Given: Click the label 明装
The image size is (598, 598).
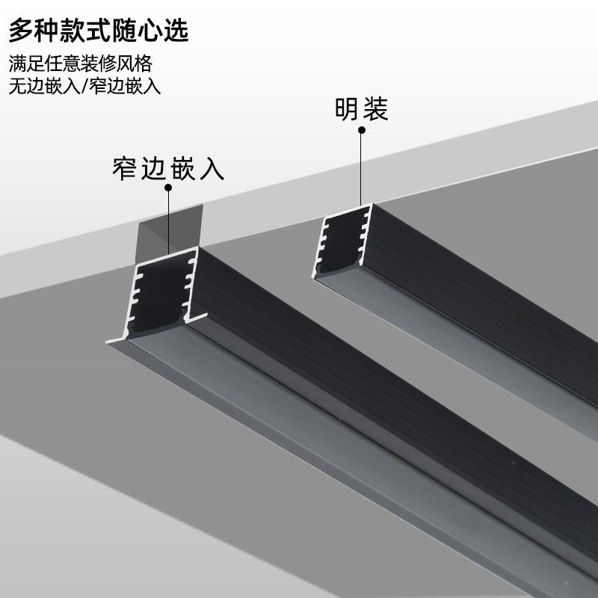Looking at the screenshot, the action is (x=361, y=110).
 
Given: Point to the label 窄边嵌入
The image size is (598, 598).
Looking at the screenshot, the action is (x=168, y=168).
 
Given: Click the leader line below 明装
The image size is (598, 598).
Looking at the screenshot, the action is (x=362, y=168).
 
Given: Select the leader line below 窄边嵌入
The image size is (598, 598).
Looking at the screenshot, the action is (x=169, y=221).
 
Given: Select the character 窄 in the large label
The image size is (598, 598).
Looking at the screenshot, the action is (x=125, y=168).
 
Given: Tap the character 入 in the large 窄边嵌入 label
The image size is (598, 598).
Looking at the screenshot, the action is (x=212, y=168).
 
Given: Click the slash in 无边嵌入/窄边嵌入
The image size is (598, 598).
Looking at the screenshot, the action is (x=87, y=85).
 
